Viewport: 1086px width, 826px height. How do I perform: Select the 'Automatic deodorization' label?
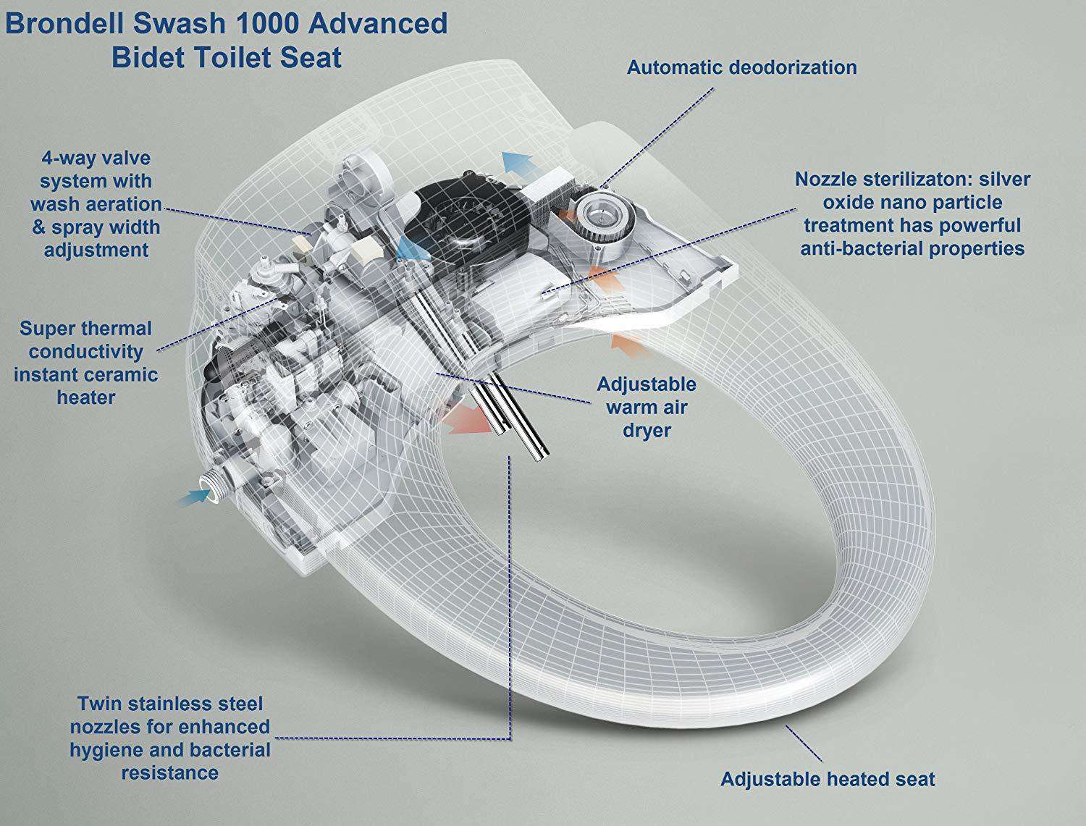point(741,67)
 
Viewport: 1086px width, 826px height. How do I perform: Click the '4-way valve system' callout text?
point(96,204)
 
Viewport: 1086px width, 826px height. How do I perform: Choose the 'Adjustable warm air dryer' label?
point(646,407)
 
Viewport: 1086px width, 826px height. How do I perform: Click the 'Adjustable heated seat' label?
point(828,779)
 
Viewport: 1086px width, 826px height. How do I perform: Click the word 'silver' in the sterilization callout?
point(1001,179)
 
